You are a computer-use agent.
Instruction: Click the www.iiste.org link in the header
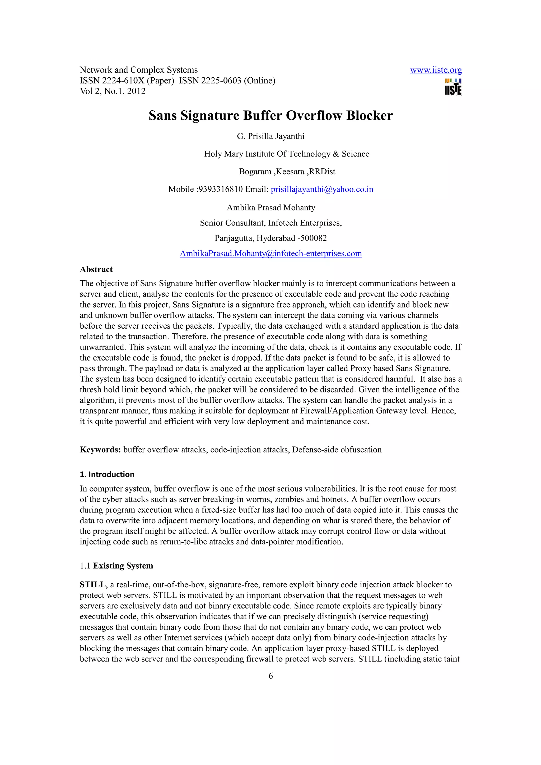[x=436, y=70]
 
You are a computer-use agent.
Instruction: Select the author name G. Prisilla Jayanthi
[x=271, y=136]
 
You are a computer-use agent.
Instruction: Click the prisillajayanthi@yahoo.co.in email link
[x=322, y=189]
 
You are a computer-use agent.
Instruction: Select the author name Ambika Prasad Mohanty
[x=271, y=207]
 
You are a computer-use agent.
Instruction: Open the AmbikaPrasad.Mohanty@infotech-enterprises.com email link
[x=271, y=254]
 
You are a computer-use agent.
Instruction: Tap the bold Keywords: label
[x=100, y=450]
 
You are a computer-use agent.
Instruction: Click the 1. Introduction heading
[x=107, y=474]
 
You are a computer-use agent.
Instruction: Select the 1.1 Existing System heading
[x=116, y=566]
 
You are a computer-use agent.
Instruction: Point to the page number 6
[x=271, y=676]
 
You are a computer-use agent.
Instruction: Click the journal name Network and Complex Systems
[x=139, y=70]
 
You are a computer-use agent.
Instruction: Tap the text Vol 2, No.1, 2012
[x=113, y=91]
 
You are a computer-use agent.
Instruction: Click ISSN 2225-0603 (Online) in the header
[x=227, y=81]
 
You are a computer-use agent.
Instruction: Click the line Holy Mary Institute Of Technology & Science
[x=286, y=154]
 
